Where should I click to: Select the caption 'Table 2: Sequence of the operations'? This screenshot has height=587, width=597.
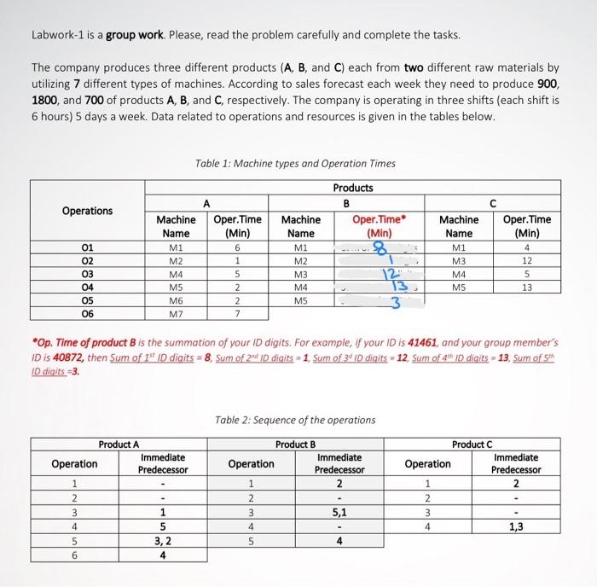pos(295,420)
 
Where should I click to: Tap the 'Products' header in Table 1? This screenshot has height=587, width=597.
pos(352,188)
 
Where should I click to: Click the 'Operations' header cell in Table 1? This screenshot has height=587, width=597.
pos(87,211)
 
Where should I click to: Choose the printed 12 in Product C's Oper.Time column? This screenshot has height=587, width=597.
pos(526,261)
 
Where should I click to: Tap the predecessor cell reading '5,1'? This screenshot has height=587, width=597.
pos(339,512)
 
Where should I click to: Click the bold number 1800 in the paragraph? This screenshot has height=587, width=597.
pos(44,98)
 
